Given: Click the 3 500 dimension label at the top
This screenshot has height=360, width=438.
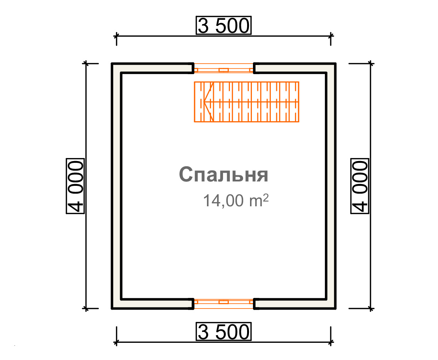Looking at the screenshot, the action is [x=223, y=25].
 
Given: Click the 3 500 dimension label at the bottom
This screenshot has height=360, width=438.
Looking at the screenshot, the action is [x=223, y=332].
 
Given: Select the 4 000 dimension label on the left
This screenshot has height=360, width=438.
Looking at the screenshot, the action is [x=75, y=186].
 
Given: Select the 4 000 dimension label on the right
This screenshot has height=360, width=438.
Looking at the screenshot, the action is [x=360, y=186].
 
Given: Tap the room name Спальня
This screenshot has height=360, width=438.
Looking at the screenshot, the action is [x=223, y=174].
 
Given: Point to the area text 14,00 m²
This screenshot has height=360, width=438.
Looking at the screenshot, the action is [x=236, y=200].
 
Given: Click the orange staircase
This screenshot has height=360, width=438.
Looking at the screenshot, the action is [x=246, y=102].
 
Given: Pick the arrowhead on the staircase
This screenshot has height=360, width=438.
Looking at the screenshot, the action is [x=208, y=102].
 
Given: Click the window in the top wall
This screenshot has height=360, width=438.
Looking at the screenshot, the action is [x=223, y=68].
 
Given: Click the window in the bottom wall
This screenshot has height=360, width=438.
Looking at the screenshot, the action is [x=223, y=304].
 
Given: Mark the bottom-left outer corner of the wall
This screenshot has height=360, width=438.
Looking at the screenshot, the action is [x=112, y=309].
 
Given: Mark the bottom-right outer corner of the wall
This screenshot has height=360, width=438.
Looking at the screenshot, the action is [x=336, y=309].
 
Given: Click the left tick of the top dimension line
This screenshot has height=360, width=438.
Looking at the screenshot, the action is [x=116, y=36].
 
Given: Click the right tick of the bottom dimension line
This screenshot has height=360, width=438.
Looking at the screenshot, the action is [x=331, y=342].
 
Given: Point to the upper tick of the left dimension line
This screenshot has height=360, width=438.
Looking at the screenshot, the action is [x=86, y=64].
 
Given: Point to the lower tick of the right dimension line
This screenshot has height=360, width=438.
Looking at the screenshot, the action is [x=371, y=309].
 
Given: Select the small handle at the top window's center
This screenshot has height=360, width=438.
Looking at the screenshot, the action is [x=223, y=70].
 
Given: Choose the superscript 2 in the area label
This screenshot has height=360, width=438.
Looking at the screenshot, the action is [x=266, y=198].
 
